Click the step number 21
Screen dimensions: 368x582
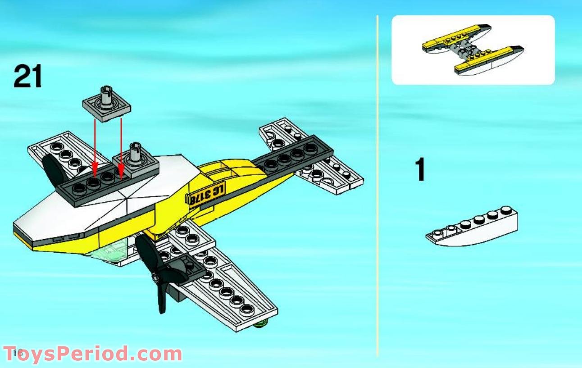pyautogui.click(x=27, y=77)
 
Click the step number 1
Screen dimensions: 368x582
pyautogui.click(x=420, y=170)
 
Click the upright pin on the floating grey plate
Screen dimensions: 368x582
pyautogui.click(x=106, y=95)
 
